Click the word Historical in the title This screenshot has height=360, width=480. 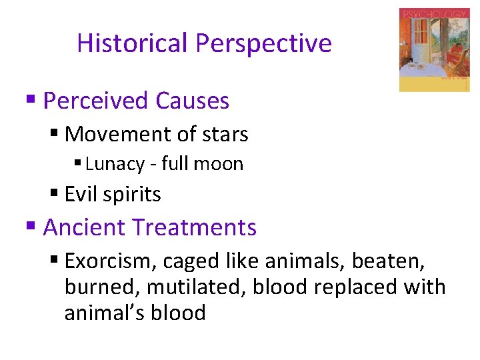(x=133, y=43)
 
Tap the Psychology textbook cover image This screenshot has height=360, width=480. (x=434, y=50)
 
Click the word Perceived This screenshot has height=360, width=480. (x=95, y=101)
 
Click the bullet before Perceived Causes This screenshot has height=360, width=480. (x=30, y=100)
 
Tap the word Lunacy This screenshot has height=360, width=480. (x=115, y=164)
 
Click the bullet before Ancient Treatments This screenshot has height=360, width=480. (x=30, y=227)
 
